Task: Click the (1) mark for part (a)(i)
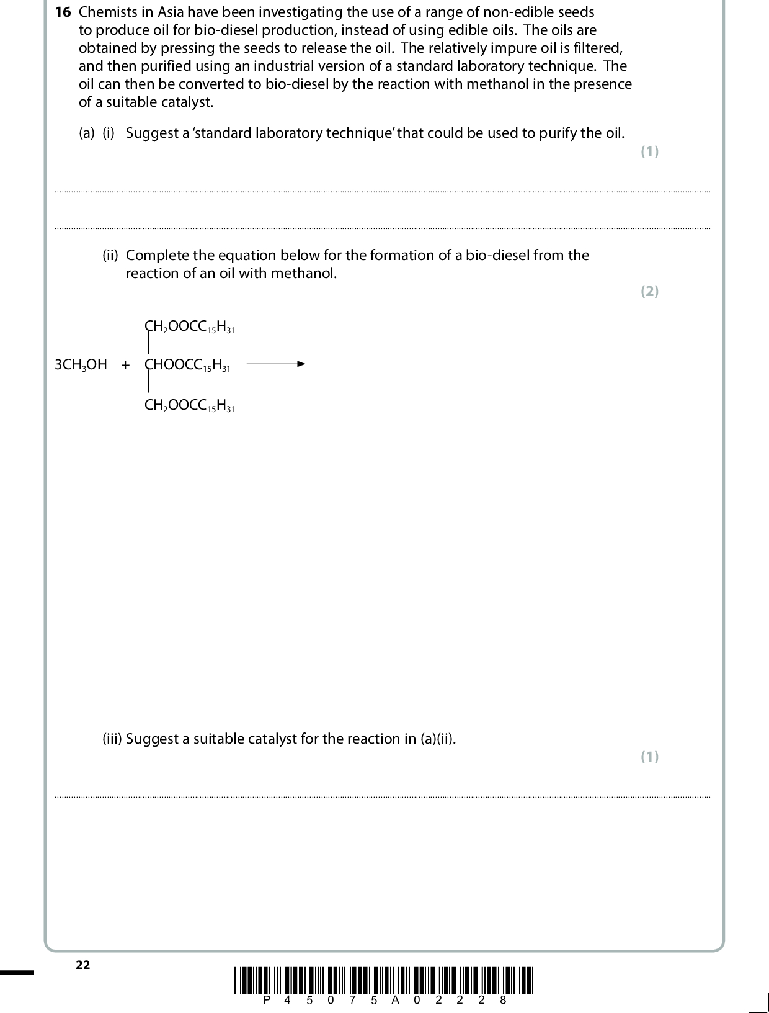(649, 152)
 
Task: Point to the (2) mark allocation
(649, 292)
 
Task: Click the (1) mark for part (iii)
(649, 757)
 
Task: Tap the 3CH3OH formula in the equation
(81, 365)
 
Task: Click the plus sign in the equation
(126, 365)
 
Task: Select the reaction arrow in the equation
(276, 364)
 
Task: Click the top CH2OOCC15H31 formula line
(190, 327)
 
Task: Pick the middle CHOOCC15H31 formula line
(187, 366)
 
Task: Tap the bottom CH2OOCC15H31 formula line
(190, 406)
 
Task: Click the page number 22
(82, 965)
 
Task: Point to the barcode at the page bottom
(384, 980)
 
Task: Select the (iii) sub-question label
(112, 739)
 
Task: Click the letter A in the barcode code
(395, 1000)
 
